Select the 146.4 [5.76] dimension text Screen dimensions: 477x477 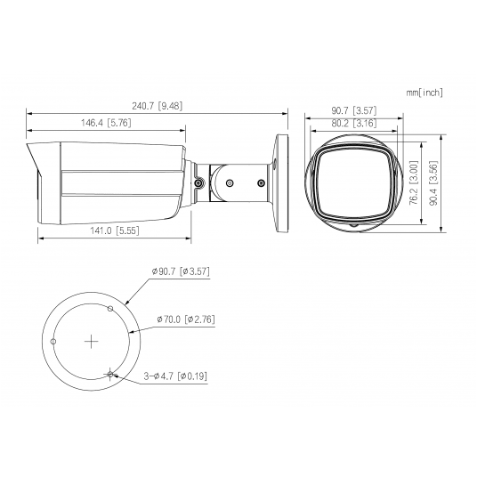pyautogui.click(x=107, y=122)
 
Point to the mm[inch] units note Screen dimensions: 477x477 pyautogui.click(x=424, y=92)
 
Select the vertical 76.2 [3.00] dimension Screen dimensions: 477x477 pyautogui.click(x=412, y=182)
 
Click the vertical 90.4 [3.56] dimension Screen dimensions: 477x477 pyautogui.click(x=434, y=184)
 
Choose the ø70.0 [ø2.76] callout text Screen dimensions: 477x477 pyautogui.click(x=185, y=318)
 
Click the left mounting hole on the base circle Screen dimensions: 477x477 pyautogui.click(x=53, y=341)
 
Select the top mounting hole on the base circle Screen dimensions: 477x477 pyautogui.click(x=109, y=309)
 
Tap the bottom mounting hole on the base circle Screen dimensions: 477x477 pyautogui.click(x=109, y=373)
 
